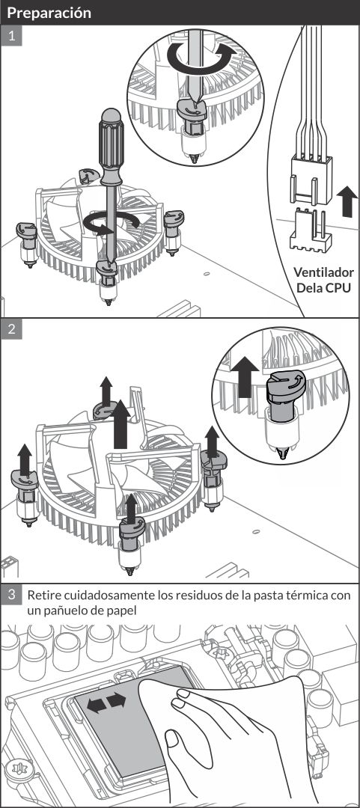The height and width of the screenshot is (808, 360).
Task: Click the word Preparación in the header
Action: [49, 13]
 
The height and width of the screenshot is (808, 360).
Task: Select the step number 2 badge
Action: [11, 329]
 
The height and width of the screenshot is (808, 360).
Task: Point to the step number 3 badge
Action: [11, 596]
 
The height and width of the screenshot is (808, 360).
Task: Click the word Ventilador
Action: [323, 272]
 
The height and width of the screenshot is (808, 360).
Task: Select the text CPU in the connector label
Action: [338, 287]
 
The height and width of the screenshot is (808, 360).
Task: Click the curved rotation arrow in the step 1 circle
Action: [201, 57]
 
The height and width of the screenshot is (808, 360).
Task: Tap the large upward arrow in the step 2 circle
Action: [245, 376]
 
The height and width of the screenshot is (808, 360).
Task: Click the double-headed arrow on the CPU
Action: [106, 702]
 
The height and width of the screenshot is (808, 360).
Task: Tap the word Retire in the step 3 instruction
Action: [43, 596]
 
